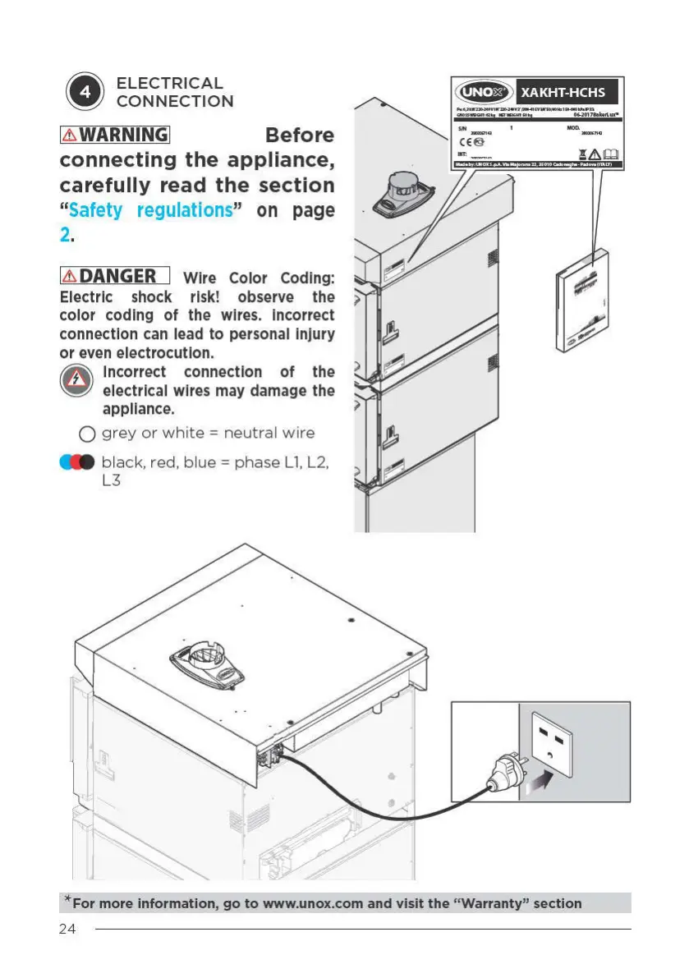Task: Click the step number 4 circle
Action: coord(85,92)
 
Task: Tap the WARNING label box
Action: coord(114,135)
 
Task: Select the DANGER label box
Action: coord(114,277)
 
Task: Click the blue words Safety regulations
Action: coord(151,210)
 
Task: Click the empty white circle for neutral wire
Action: coord(87,434)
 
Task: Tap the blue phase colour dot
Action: coord(68,462)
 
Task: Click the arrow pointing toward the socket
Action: coord(539,778)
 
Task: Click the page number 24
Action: coord(68,930)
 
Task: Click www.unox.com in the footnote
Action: coord(312,903)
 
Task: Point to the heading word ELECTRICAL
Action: coord(169,83)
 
